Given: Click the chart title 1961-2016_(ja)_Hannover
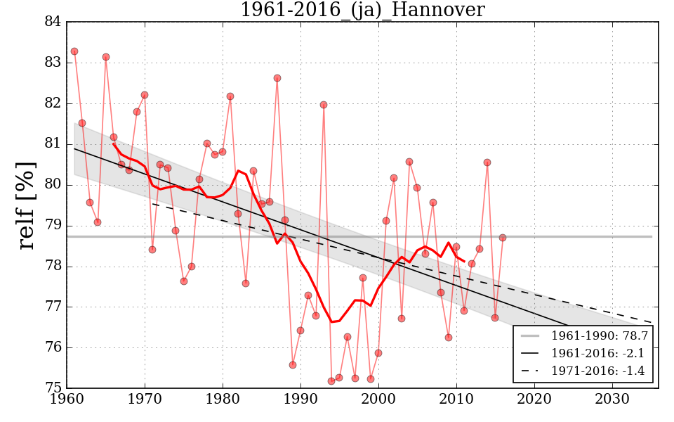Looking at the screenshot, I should pyautogui.click(x=362, y=11).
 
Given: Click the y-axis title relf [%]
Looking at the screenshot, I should pyautogui.click(x=26, y=205).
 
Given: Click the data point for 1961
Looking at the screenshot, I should pyautogui.click(x=74, y=51).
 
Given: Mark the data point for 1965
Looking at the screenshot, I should pyautogui.click(x=106, y=57).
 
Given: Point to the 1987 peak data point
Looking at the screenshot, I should pyautogui.click(x=277, y=78).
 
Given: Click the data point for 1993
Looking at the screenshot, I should pyautogui.click(x=324, y=105).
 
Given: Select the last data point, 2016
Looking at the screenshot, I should pyautogui.click(x=503, y=238).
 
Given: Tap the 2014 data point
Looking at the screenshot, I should pyautogui.click(x=487, y=162).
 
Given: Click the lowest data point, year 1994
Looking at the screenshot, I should pyautogui.click(x=331, y=381).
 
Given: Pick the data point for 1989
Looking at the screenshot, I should pyautogui.click(x=293, y=365).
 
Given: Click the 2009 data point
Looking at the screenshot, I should pyautogui.click(x=449, y=338).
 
